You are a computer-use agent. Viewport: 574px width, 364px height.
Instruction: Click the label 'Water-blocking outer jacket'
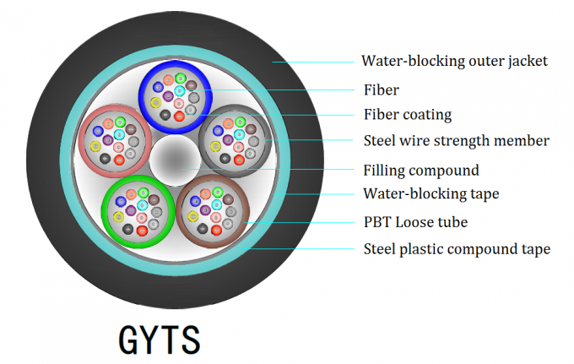[x=454, y=61]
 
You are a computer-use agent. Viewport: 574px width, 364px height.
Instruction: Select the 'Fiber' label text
[x=381, y=90]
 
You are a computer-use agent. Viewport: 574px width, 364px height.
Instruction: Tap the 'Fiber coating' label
[x=408, y=115]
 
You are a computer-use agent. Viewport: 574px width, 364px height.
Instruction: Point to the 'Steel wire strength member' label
[x=456, y=141]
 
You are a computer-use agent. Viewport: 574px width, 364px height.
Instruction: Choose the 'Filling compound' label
[x=420, y=170]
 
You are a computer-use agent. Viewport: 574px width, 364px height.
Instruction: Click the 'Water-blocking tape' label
[x=430, y=194]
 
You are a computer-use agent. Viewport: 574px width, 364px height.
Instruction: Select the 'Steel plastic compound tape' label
[x=457, y=249]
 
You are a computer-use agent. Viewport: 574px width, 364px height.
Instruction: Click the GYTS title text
[x=160, y=339]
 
